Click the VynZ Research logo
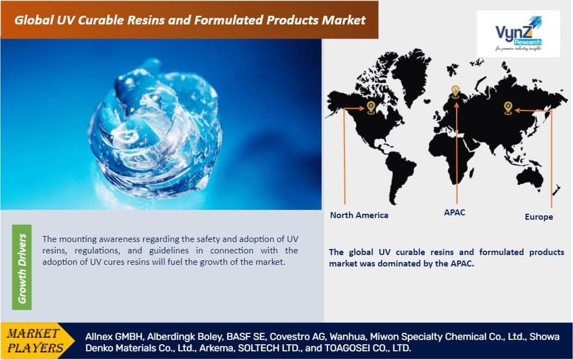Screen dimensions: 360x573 coord(518,34)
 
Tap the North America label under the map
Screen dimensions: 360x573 coord(359,215)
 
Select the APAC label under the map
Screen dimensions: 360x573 coord(455,212)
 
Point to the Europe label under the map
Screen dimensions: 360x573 coord(539,216)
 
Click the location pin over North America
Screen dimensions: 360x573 coord(371,107)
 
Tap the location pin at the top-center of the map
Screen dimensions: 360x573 coord(455,91)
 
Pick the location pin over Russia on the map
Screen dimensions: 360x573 coord(508,108)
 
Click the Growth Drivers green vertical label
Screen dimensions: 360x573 coord(22,268)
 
